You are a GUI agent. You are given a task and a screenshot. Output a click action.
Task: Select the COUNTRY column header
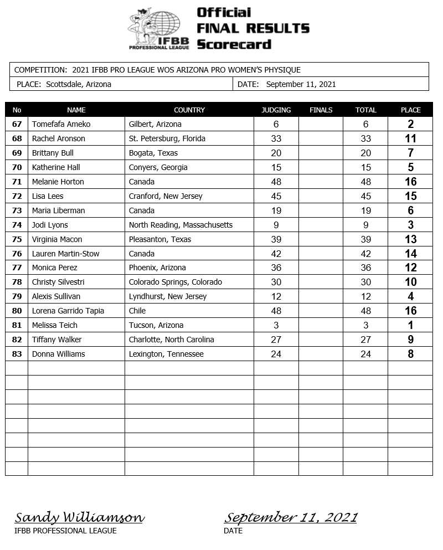point(189,110)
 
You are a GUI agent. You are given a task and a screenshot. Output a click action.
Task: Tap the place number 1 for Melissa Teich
point(410,325)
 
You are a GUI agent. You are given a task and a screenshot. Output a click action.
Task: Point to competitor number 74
point(17,225)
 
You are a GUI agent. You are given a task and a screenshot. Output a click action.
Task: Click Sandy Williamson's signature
point(79,517)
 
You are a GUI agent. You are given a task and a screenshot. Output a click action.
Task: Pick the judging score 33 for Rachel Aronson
point(276,138)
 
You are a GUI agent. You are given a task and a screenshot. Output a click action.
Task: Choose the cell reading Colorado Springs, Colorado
point(175,282)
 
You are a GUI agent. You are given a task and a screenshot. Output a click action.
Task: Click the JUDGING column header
point(276,110)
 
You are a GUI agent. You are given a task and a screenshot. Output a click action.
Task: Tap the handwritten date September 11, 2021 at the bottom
point(290,517)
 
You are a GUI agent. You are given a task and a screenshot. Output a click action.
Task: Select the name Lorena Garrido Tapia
point(68,311)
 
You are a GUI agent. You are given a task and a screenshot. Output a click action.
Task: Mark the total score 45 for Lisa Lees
point(365,196)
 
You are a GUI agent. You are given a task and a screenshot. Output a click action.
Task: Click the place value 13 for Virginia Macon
point(410,239)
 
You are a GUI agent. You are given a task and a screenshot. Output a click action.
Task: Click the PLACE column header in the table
point(410,110)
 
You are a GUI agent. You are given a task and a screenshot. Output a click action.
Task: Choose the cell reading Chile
point(138,311)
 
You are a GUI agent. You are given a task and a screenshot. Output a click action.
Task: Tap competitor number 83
point(17,354)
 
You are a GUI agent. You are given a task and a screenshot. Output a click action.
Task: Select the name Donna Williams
point(58,354)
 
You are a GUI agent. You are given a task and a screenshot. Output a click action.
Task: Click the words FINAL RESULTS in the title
point(253,28)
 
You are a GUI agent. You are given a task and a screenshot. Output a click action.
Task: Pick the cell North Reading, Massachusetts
point(181,225)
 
